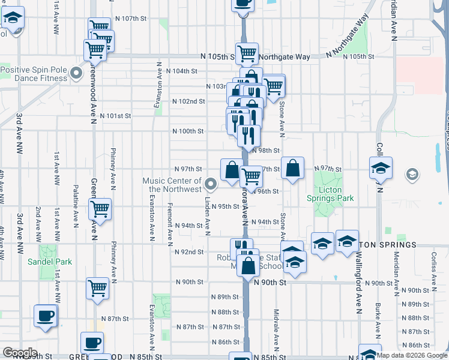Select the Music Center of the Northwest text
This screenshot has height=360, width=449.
(172, 185)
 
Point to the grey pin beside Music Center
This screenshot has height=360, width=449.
(210, 184)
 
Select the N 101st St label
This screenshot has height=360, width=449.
(115, 116)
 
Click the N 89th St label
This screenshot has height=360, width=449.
(225, 297)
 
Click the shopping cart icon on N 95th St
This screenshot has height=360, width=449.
(99, 209)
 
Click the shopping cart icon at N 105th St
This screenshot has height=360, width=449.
(247, 54)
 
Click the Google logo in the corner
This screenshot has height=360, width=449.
(20, 353)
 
